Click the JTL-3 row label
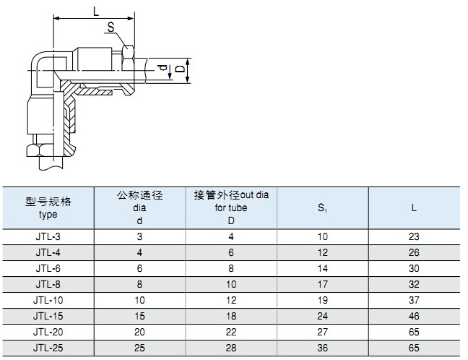tap(48, 236)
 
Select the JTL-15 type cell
tap(48, 316)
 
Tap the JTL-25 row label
tap(48, 348)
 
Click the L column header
tap(414, 208)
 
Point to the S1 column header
tap(322, 208)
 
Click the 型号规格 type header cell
tap(48, 208)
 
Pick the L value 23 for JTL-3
tap(414, 236)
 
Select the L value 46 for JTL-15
tap(414, 316)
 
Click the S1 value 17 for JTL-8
tap(322, 284)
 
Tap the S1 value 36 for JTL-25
tap(322, 348)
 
